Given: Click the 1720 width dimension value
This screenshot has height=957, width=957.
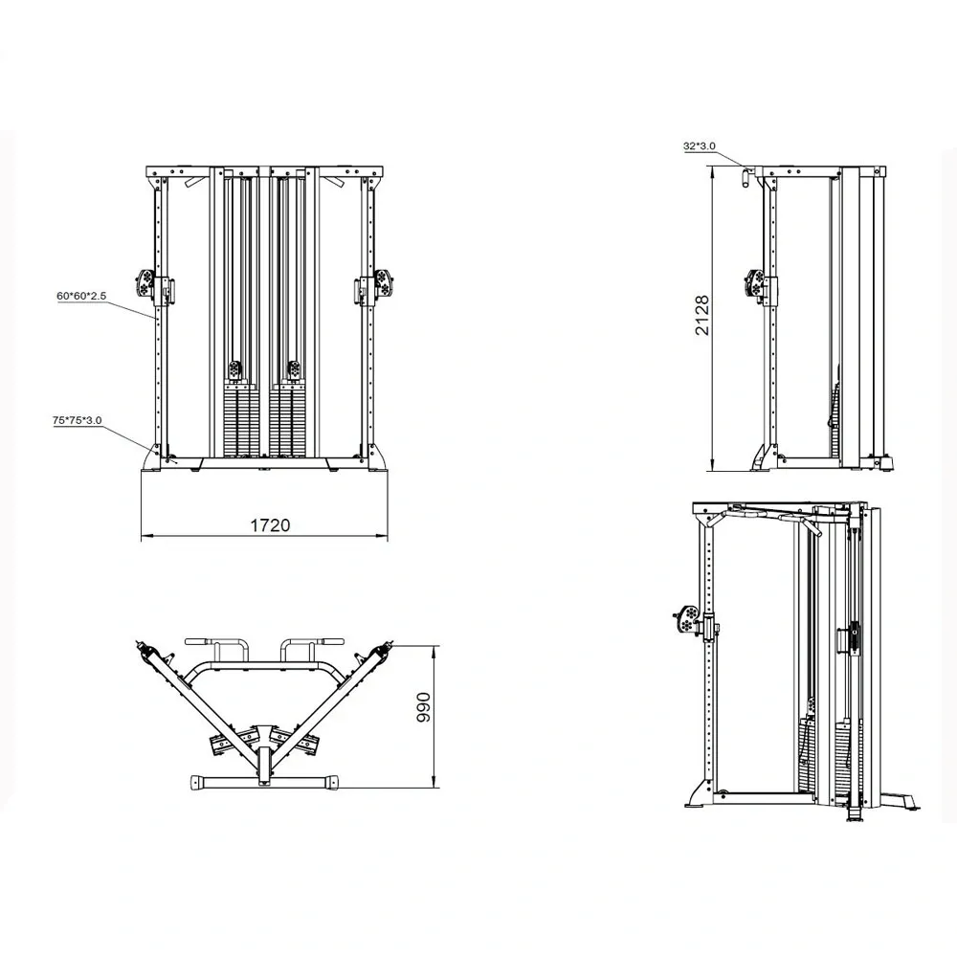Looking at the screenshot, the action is tap(271, 524).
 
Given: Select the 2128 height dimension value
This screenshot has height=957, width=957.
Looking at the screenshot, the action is tap(702, 316).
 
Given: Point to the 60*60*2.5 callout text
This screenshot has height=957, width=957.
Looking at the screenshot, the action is tap(81, 296).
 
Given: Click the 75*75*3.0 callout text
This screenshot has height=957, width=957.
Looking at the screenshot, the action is tap(77, 420).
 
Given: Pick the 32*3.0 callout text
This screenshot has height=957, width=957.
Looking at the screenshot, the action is tap(700, 145).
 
